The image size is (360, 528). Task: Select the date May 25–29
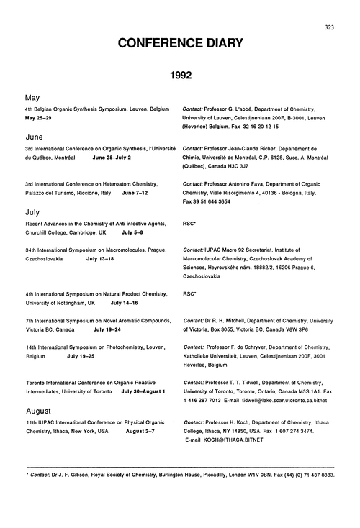[40, 117]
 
